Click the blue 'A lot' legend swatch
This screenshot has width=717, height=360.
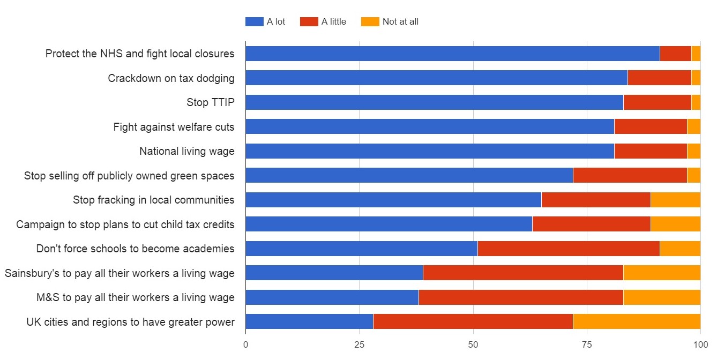[x=255, y=22]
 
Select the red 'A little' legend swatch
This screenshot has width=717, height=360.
[x=309, y=22]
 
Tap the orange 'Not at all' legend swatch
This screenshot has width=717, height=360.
[x=370, y=22]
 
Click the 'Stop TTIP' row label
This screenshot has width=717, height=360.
[x=210, y=102]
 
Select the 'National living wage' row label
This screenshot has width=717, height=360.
[x=186, y=151]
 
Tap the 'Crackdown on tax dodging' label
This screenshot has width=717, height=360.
[x=171, y=78]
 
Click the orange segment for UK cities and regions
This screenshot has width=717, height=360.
[x=637, y=321]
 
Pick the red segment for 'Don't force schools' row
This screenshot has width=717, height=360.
[x=569, y=249]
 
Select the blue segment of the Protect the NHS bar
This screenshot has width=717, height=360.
[x=452, y=54]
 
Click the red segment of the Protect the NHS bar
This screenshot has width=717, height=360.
[x=676, y=54]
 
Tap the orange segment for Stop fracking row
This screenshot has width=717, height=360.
[x=675, y=200]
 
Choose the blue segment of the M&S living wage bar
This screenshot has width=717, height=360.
[x=332, y=297]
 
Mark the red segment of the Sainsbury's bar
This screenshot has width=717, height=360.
[x=523, y=273]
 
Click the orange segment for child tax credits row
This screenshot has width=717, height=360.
[x=675, y=224]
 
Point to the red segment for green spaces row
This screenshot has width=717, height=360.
[x=630, y=175]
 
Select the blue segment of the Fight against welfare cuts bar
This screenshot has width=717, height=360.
[x=430, y=126]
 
